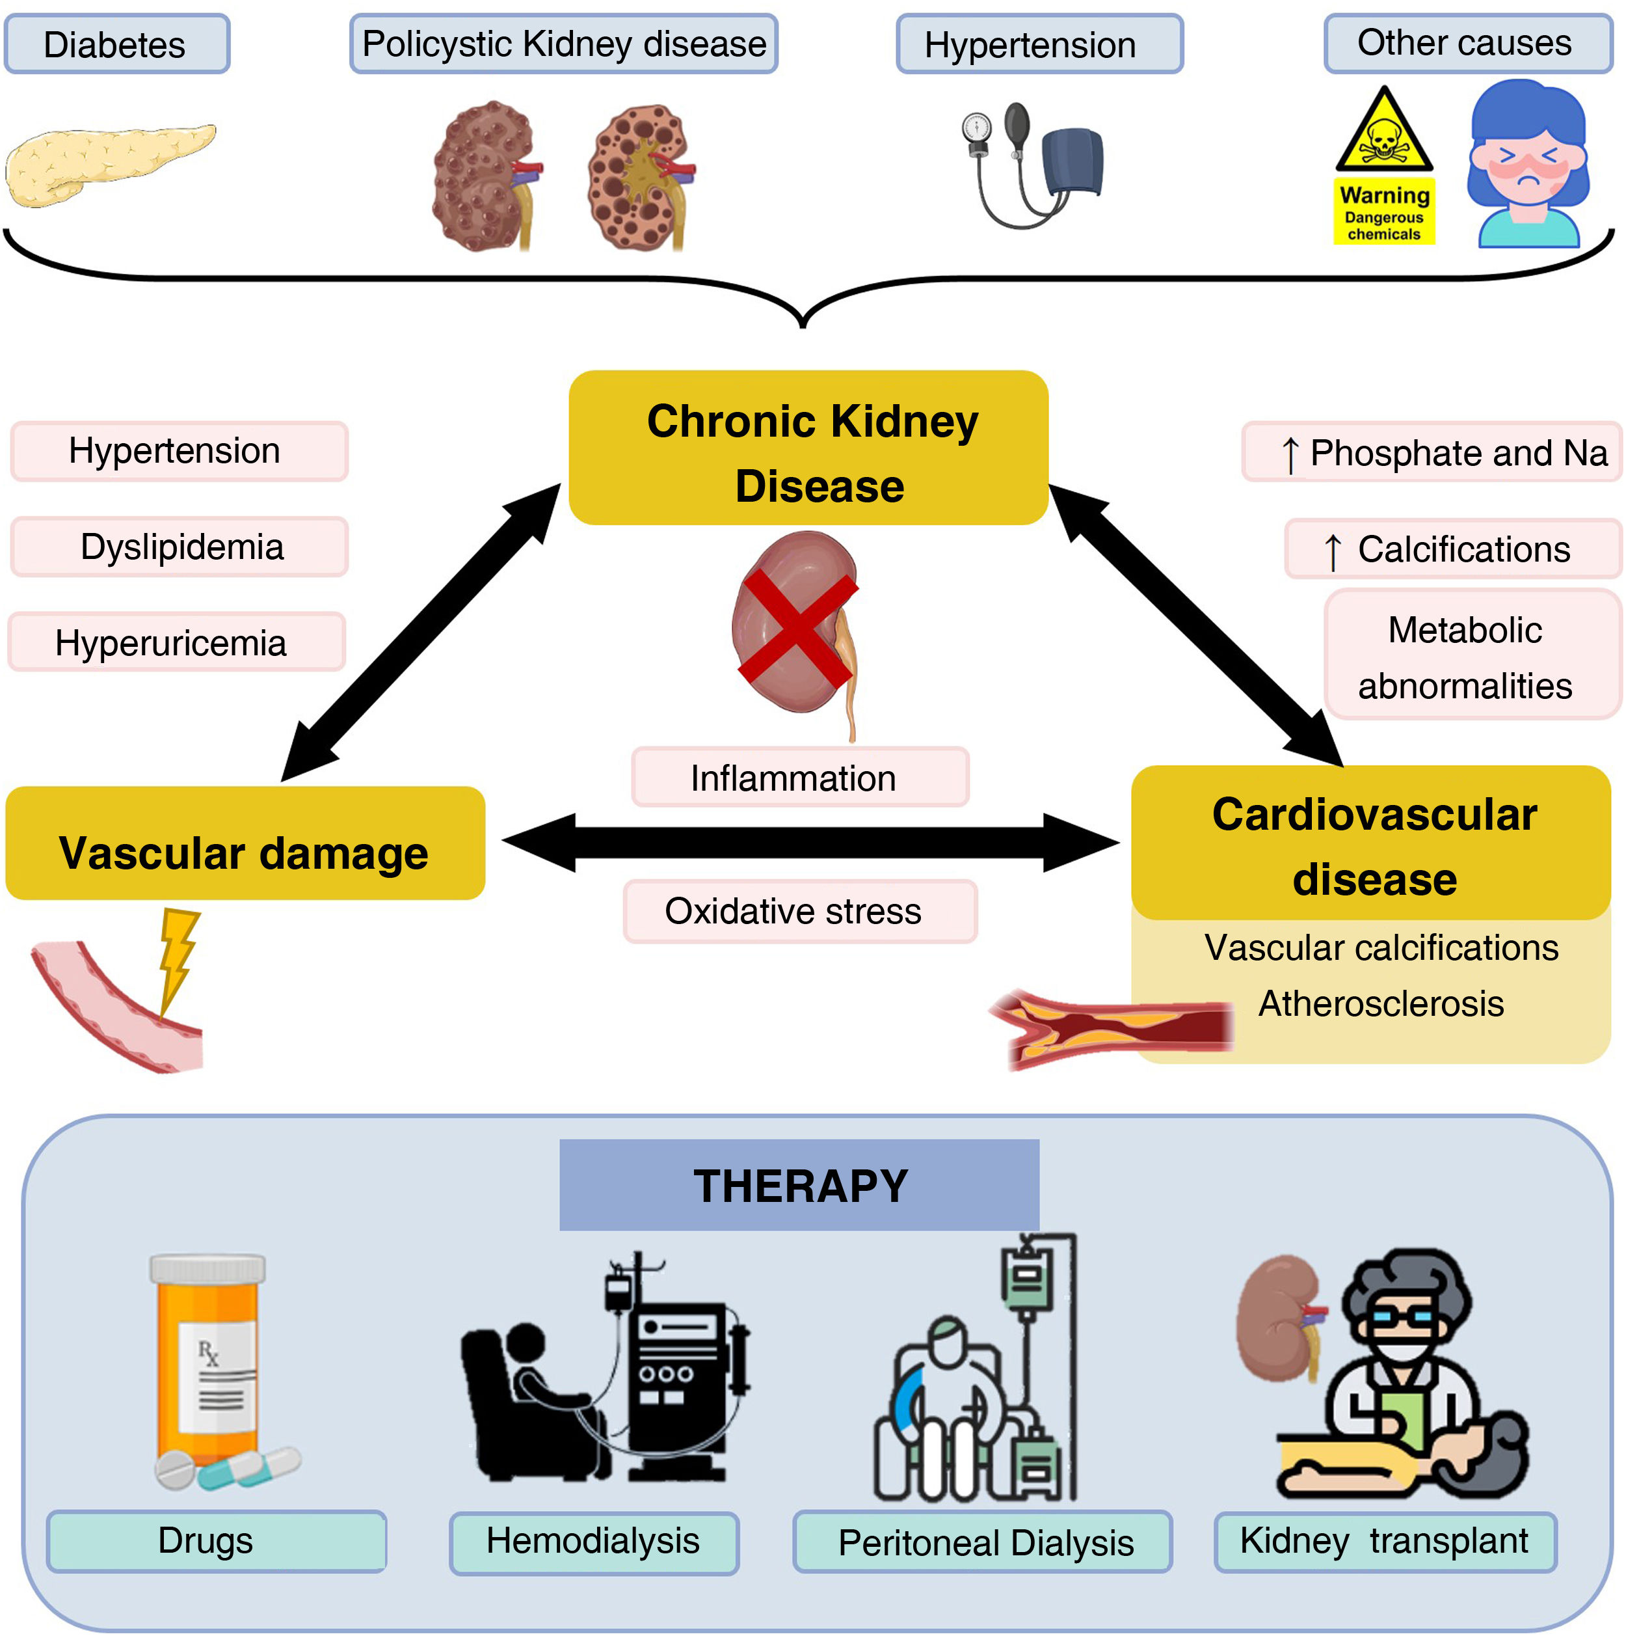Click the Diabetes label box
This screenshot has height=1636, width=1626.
tap(116, 44)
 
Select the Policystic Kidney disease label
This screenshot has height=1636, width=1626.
tap(564, 44)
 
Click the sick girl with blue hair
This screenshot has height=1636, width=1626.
tap(1527, 165)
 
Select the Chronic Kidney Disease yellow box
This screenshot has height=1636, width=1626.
tap(808, 448)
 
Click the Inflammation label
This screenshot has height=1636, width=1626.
tap(800, 778)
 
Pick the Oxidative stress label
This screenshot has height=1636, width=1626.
tap(800, 911)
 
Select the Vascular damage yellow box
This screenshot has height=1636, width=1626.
tap(245, 843)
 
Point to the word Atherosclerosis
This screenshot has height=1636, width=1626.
tap(1381, 1003)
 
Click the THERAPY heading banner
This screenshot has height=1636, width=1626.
tap(799, 1184)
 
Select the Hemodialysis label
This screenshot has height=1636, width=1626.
tap(593, 1541)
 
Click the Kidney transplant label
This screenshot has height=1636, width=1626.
tap(1385, 1541)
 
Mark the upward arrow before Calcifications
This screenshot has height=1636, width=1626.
tap(1332, 552)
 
